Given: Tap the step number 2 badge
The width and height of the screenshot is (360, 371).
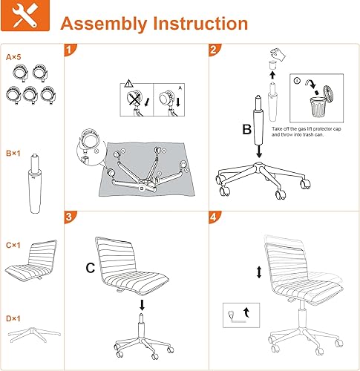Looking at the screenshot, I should (214, 51).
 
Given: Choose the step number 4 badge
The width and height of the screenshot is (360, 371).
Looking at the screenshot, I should (214, 217).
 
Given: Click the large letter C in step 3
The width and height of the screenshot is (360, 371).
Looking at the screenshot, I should (89, 269).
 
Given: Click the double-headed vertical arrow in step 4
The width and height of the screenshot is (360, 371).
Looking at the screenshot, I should (258, 273).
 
